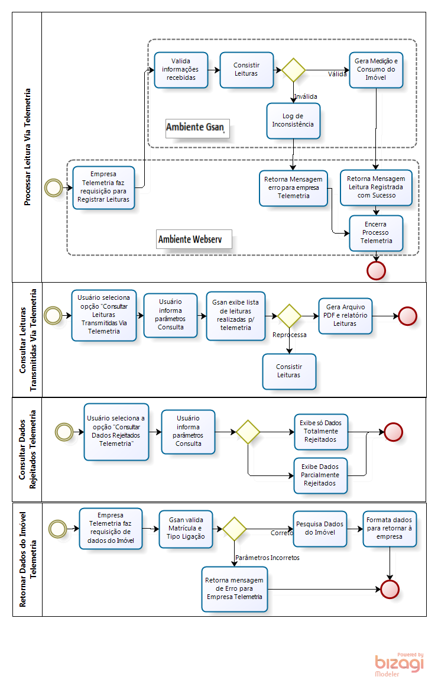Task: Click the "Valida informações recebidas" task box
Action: [181, 70]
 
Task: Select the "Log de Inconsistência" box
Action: [293, 121]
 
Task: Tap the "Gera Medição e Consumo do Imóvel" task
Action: [376, 70]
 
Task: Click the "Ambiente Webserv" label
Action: [194, 239]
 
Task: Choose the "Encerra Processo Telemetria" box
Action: [376, 232]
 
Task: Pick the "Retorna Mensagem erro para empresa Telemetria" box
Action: [293, 188]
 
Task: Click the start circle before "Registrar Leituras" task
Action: [54, 187]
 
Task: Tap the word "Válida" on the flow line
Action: [338, 75]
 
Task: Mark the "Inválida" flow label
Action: [306, 96]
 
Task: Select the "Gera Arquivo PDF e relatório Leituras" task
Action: [345, 316]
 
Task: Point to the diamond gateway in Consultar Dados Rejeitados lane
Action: [248, 432]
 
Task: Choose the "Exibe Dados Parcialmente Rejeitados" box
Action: [320, 475]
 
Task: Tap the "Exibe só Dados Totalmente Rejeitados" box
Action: [321, 432]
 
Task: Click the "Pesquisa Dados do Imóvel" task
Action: [320, 529]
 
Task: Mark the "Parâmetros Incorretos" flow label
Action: [267, 558]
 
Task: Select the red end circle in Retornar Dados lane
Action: [390, 589]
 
